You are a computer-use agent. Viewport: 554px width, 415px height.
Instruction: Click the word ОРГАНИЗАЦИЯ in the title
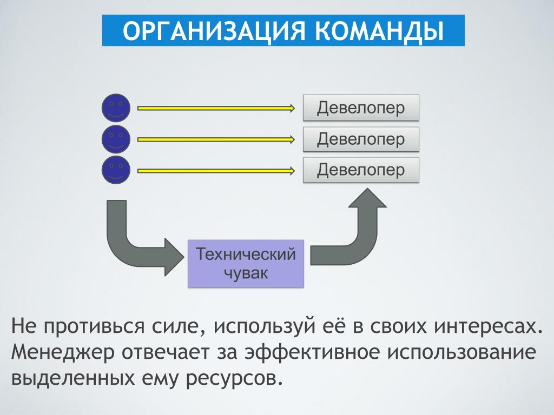[x=214, y=31]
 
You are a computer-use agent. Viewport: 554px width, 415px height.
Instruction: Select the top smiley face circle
[x=116, y=108]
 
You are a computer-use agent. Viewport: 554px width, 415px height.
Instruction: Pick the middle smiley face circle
[x=116, y=139]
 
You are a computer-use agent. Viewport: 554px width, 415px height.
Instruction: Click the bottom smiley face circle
[x=116, y=170]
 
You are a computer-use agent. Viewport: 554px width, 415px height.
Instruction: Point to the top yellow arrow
[x=216, y=108]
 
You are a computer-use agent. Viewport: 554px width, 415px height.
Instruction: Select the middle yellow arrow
[x=216, y=140]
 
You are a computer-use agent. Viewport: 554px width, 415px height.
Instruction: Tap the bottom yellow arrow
[x=216, y=171]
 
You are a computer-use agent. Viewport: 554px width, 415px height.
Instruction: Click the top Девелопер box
[x=361, y=108]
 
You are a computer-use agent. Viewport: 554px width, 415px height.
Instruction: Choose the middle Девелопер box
[x=361, y=139]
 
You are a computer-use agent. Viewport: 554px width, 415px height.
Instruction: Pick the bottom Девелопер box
[x=361, y=170]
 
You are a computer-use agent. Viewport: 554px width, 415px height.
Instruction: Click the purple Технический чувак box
[x=246, y=263]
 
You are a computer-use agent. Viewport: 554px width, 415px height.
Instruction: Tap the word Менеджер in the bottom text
[x=63, y=352]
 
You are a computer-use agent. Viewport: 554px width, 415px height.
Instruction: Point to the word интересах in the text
[x=489, y=326]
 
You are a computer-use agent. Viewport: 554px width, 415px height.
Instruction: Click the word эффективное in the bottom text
[x=312, y=352]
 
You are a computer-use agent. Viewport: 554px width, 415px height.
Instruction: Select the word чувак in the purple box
[x=246, y=273]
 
